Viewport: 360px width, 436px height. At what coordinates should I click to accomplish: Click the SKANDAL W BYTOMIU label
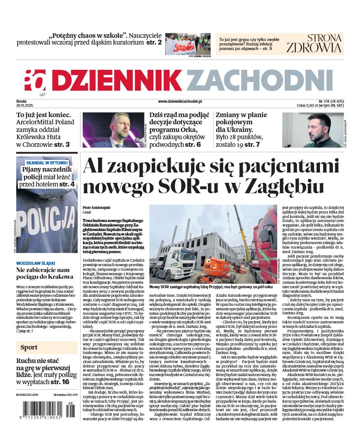[47, 162]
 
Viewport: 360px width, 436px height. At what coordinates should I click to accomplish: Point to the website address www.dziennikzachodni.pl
[180, 102]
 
